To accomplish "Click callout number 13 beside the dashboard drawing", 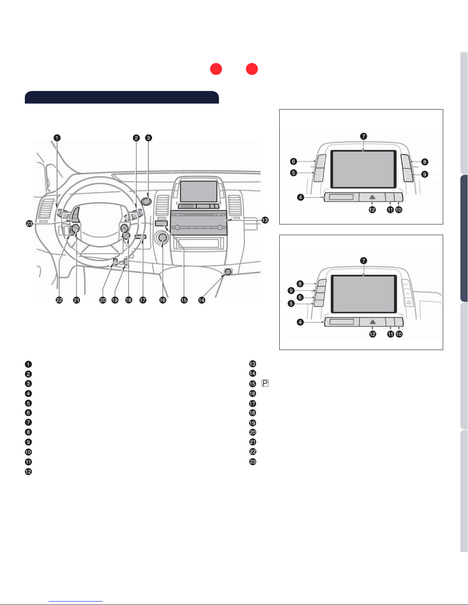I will click(265, 220).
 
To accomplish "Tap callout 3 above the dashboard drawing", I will click(149, 138).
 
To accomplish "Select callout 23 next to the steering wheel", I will click(29, 224).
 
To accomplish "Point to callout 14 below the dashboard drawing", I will click(202, 300).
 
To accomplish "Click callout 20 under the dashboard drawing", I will click(103, 300).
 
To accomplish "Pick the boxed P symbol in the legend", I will click(265, 383).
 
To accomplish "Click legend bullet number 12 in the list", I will click(28, 472).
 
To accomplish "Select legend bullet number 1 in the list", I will click(28, 364).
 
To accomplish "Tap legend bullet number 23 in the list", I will click(253, 461).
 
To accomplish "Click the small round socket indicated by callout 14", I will click(228, 272).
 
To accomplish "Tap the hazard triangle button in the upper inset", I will click(372, 197).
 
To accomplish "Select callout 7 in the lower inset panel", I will click(364, 261).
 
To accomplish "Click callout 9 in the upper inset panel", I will click(424, 174).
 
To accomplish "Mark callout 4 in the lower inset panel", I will click(301, 322).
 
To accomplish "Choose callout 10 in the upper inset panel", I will click(398, 210).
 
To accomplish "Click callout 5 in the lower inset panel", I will click(291, 304).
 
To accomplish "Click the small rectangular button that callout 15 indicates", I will click(162, 223).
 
